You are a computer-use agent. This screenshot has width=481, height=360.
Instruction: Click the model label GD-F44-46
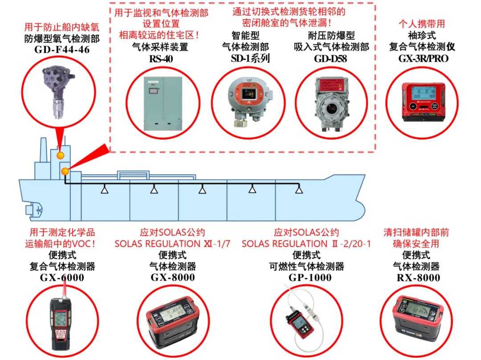click(x=62, y=49)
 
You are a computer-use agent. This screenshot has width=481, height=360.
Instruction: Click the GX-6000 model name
click(x=62, y=278)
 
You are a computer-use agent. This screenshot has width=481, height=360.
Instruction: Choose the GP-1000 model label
click(x=306, y=278)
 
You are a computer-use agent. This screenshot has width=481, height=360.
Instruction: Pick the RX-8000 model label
click(x=418, y=278)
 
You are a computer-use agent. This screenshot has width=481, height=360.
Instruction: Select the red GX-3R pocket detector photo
click(x=418, y=102)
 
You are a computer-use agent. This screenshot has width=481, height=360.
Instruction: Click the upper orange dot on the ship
click(x=60, y=155)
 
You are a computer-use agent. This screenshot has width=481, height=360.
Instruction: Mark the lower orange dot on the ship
click(x=65, y=170)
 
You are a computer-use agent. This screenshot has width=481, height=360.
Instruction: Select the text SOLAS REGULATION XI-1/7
click(x=172, y=244)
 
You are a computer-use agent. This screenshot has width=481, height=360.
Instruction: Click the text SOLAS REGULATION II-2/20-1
click(x=306, y=244)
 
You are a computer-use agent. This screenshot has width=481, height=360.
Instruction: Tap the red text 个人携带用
click(x=421, y=24)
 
